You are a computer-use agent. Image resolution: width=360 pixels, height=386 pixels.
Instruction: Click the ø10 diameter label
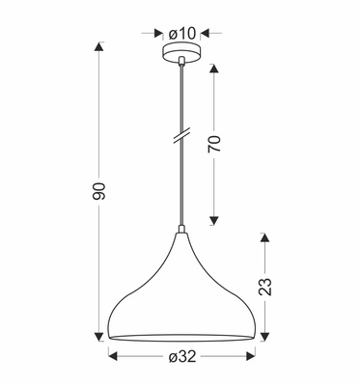pyautogui.click(x=180, y=34)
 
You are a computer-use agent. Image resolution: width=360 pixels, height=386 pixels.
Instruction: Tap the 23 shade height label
pyautogui.click(x=267, y=285)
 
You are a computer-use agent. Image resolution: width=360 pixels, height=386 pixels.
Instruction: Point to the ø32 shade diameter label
pyautogui.click(x=180, y=358)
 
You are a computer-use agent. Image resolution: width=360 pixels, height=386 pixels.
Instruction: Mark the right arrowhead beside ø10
pyautogui.click(x=205, y=34)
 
